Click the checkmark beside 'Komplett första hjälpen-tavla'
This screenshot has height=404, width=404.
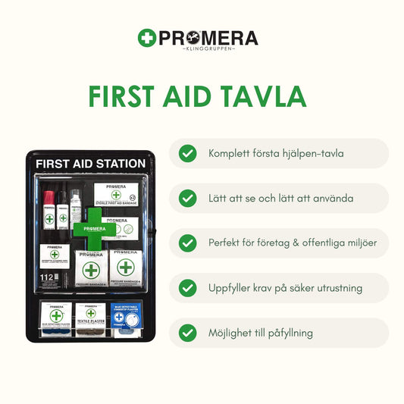[187, 154]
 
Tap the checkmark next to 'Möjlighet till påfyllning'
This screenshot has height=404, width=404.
[187, 333]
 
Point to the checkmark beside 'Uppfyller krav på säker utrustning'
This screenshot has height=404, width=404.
[187, 288]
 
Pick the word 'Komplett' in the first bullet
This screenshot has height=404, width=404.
[230, 154]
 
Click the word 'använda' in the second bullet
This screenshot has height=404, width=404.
[332, 199]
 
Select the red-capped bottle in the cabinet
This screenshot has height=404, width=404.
[49, 209]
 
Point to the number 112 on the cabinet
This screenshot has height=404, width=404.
[48, 278]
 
